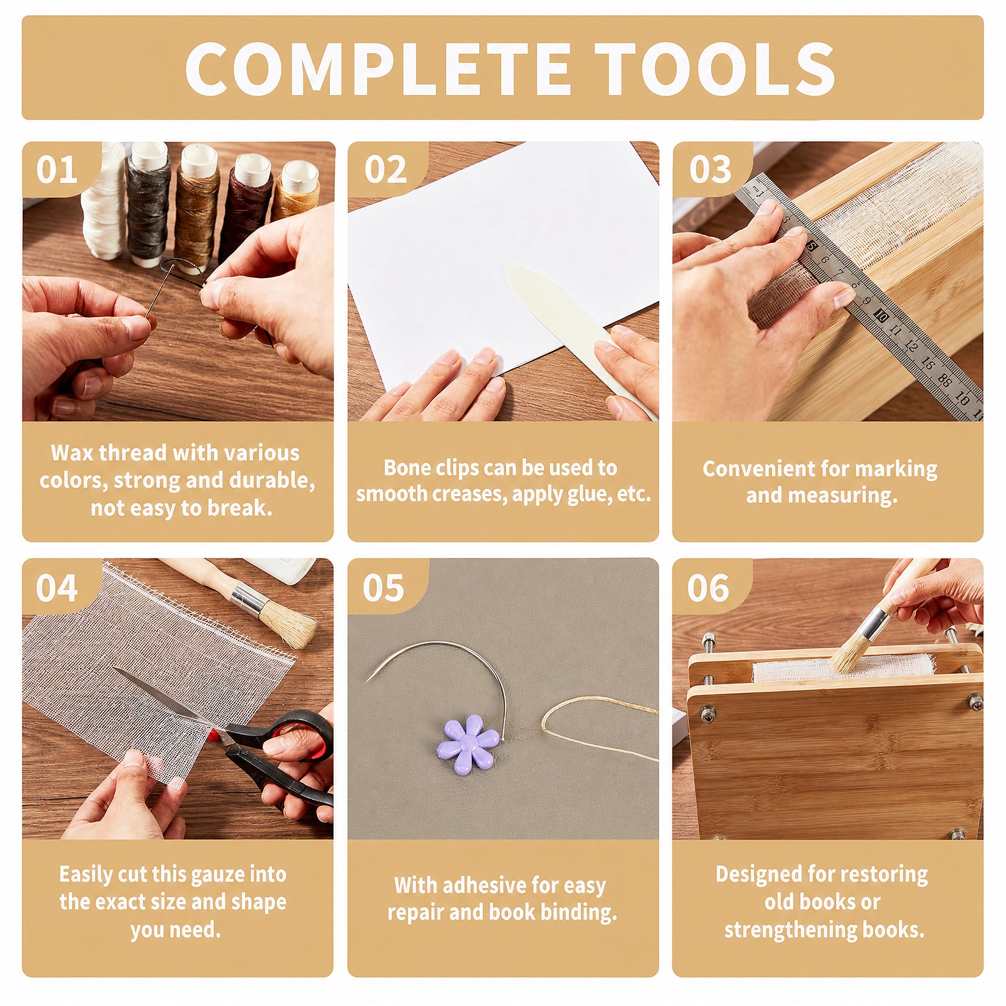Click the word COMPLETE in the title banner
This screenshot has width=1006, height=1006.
[x=378, y=69]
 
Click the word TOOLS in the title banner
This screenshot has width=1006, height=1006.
[x=715, y=69]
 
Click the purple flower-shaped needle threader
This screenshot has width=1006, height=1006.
[x=468, y=744]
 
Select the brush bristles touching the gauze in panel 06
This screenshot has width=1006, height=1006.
[x=849, y=653]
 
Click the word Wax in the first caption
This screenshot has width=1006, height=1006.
[x=73, y=452]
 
